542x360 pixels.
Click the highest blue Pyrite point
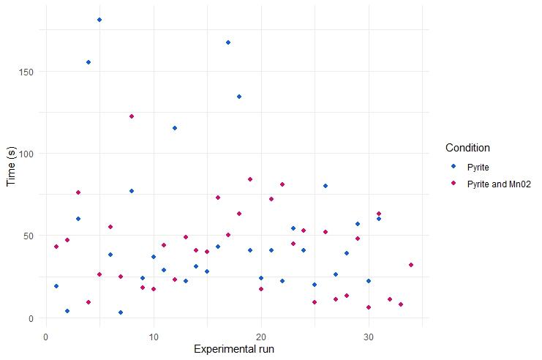99,20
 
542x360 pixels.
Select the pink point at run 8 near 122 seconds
132,116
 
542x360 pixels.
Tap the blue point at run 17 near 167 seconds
228,42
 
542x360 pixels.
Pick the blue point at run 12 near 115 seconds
175,128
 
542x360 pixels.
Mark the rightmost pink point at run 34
411,265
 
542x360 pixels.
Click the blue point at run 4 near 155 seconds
89,62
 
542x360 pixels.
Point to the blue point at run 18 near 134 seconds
239,97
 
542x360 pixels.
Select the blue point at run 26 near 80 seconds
325,186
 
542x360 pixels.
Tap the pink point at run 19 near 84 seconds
250,179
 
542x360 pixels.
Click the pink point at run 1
56,247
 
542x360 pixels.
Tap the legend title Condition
467,149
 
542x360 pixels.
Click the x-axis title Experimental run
234,349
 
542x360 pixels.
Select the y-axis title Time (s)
11,166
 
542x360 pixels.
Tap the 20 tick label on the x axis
260,337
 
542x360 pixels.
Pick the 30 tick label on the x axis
369,337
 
